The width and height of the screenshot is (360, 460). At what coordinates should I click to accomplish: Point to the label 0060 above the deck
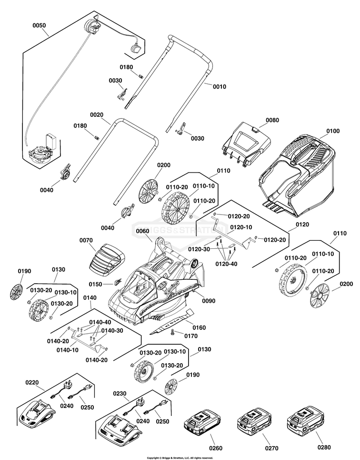[x=143, y=231]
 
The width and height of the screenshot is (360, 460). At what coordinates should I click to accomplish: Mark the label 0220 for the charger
[x=32, y=382]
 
